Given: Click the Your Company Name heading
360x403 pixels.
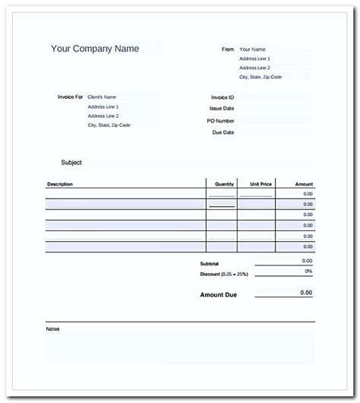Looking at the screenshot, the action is click(95, 49).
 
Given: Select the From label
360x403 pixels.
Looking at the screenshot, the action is click(228, 49).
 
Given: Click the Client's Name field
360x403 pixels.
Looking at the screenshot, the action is click(102, 97).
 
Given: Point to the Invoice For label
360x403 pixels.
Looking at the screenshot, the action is click(70, 97).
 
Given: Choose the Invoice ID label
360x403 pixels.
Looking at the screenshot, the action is click(223, 97).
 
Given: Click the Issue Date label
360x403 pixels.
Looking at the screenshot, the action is click(223, 109).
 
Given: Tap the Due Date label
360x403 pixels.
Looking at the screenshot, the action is click(223, 132).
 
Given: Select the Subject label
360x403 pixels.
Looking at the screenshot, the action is click(71, 163).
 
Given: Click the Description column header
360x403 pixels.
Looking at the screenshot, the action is click(60, 184).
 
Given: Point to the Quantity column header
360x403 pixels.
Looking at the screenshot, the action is click(225, 184).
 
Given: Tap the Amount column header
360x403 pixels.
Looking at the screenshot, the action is click(304, 184).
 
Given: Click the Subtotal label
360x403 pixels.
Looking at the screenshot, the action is click(210, 264).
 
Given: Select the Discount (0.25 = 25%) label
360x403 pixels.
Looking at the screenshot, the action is click(225, 274).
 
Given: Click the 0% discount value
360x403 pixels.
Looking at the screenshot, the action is click(308, 271).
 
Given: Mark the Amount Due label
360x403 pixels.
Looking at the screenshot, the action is click(219, 294).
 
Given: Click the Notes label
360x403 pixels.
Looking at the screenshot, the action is click(52, 329).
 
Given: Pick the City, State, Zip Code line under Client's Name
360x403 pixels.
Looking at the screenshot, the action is click(109, 125).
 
